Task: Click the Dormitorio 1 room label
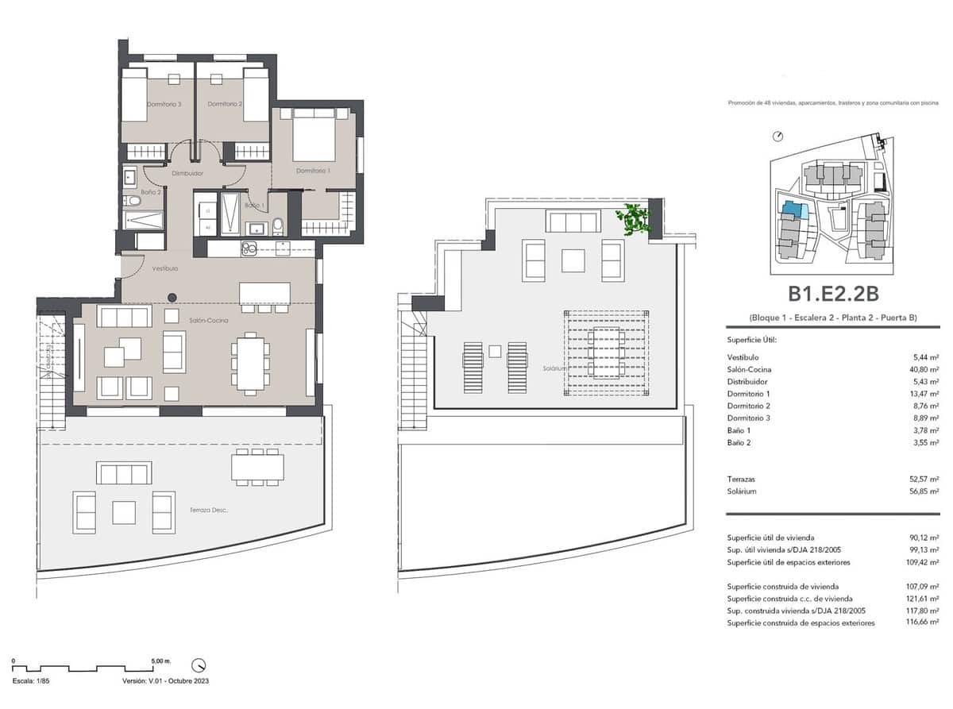313,171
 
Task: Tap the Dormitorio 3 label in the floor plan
164,104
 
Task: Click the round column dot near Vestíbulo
172,298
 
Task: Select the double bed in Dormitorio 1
313,134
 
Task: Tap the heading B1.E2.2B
833,294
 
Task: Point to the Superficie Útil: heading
751,340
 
